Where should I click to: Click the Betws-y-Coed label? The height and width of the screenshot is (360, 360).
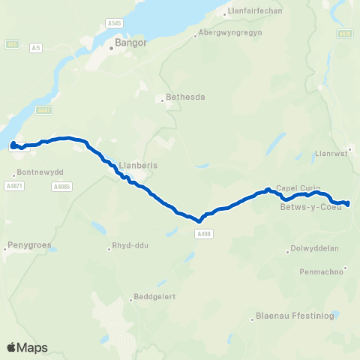pos(310,207)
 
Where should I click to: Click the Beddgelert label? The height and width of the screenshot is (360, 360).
pos(157,296)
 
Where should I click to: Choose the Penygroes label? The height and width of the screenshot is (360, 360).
pos(27,244)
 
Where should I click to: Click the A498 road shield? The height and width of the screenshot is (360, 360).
pos(201,234)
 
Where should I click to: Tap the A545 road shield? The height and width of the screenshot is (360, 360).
pos(113,24)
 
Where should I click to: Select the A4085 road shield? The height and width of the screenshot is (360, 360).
pos(61,186)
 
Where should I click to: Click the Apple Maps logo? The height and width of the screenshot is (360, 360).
pos(27,347)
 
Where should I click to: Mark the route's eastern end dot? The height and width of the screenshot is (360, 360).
pos(348,203)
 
